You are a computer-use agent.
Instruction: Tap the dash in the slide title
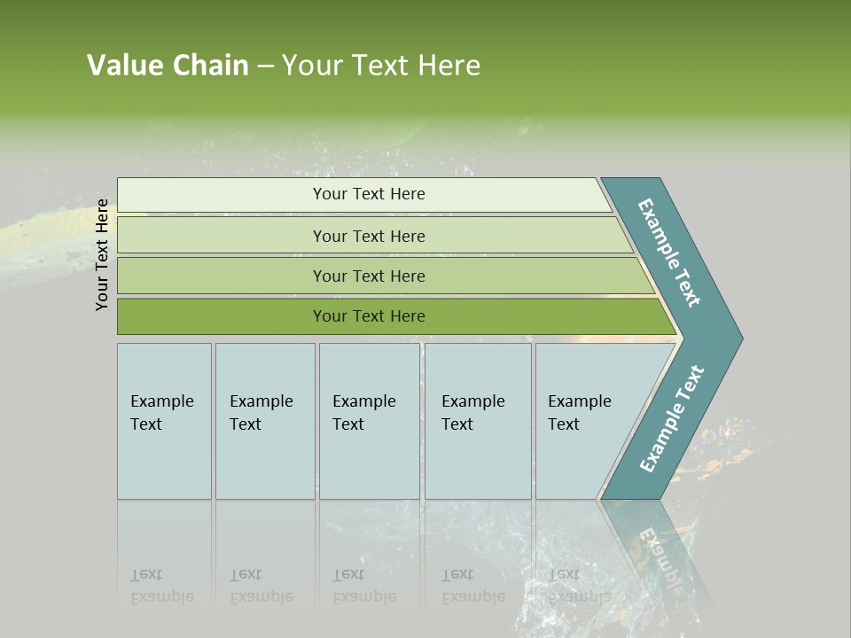pyautogui.click(x=265, y=66)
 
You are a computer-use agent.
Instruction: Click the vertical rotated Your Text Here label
pyautogui.click(x=102, y=254)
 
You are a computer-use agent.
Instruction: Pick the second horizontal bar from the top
pyautogui.click(x=368, y=236)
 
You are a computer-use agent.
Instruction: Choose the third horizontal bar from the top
pyautogui.click(x=368, y=276)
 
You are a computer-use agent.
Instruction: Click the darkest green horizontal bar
pyautogui.click(x=368, y=316)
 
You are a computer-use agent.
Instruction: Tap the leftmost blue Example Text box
pyautogui.click(x=164, y=421)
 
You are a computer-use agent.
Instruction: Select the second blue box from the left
pyautogui.click(x=264, y=421)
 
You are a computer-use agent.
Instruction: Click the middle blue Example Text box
pyautogui.click(x=369, y=421)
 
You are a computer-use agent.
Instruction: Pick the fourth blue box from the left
pyautogui.click(x=478, y=421)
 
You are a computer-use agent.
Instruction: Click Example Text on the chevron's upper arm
pyautogui.click(x=669, y=253)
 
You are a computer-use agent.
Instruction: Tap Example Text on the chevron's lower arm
pyautogui.click(x=671, y=419)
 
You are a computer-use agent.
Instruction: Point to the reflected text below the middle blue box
pyautogui.click(x=363, y=585)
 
